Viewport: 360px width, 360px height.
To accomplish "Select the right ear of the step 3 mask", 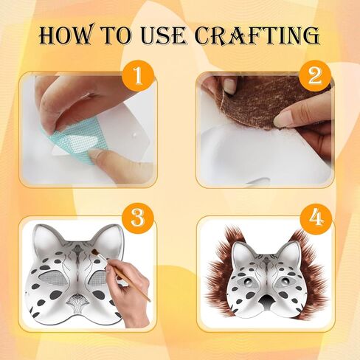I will click(x=110, y=238).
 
